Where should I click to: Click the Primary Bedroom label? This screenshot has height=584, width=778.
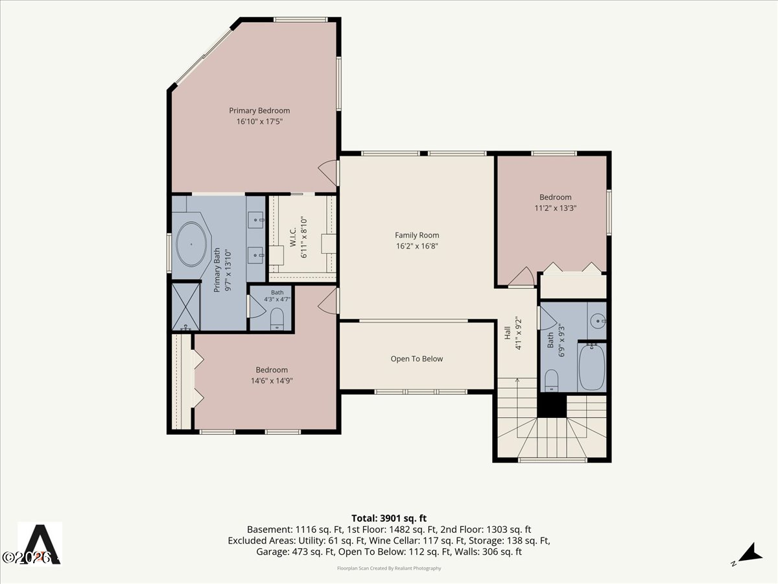pos(259,110)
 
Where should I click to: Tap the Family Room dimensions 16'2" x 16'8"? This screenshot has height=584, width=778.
pos(417,246)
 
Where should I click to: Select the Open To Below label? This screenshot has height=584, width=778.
pos(417,359)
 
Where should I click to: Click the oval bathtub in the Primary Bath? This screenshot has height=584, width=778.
pos(191,245)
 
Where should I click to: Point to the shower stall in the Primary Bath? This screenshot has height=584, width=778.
pos(185,307)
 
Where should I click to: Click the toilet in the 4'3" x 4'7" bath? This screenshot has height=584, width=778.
pos(277,319)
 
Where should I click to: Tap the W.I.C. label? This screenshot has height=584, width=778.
pos(293,237)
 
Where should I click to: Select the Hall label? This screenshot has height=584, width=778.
pos(508,333)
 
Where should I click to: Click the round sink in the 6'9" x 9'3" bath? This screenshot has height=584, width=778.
pos(598,321)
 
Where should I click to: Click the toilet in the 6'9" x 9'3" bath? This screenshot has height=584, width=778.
pos(552,380)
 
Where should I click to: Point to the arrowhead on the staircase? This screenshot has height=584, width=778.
pos(517,380)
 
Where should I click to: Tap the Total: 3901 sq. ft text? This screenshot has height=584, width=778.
pos(389,518)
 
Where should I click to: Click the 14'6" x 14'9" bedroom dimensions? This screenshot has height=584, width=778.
pos(272,381)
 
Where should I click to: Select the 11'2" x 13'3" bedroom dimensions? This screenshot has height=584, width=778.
pos(556,208)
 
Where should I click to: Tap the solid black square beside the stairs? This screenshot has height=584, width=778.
pos(552,405)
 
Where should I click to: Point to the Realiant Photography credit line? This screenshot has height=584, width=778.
pos(389,568)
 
